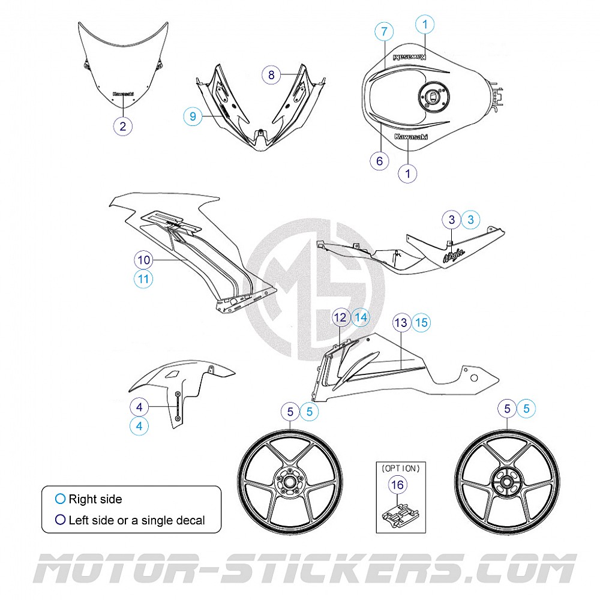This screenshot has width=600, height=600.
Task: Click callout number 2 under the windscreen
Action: tap(122, 126)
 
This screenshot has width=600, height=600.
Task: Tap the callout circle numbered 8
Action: tap(271, 75)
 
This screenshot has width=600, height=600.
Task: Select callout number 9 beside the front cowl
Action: tap(193, 116)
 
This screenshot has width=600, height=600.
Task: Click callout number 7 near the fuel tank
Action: tap(384, 31)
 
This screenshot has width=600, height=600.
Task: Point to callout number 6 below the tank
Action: tap(379, 161)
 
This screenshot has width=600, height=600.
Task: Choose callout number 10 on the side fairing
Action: tap(143, 260)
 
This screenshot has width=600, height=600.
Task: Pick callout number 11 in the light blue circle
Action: tap(143, 279)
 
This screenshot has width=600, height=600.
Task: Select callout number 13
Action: tap(401, 323)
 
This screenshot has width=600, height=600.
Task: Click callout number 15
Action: tap(422, 323)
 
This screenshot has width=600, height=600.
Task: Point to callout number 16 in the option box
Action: tap(398, 484)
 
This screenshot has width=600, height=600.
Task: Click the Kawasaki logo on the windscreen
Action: tap(123, 94)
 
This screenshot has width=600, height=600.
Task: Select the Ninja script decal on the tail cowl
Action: tap(454, 257)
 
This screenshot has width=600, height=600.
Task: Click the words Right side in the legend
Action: tap(95, 499)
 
